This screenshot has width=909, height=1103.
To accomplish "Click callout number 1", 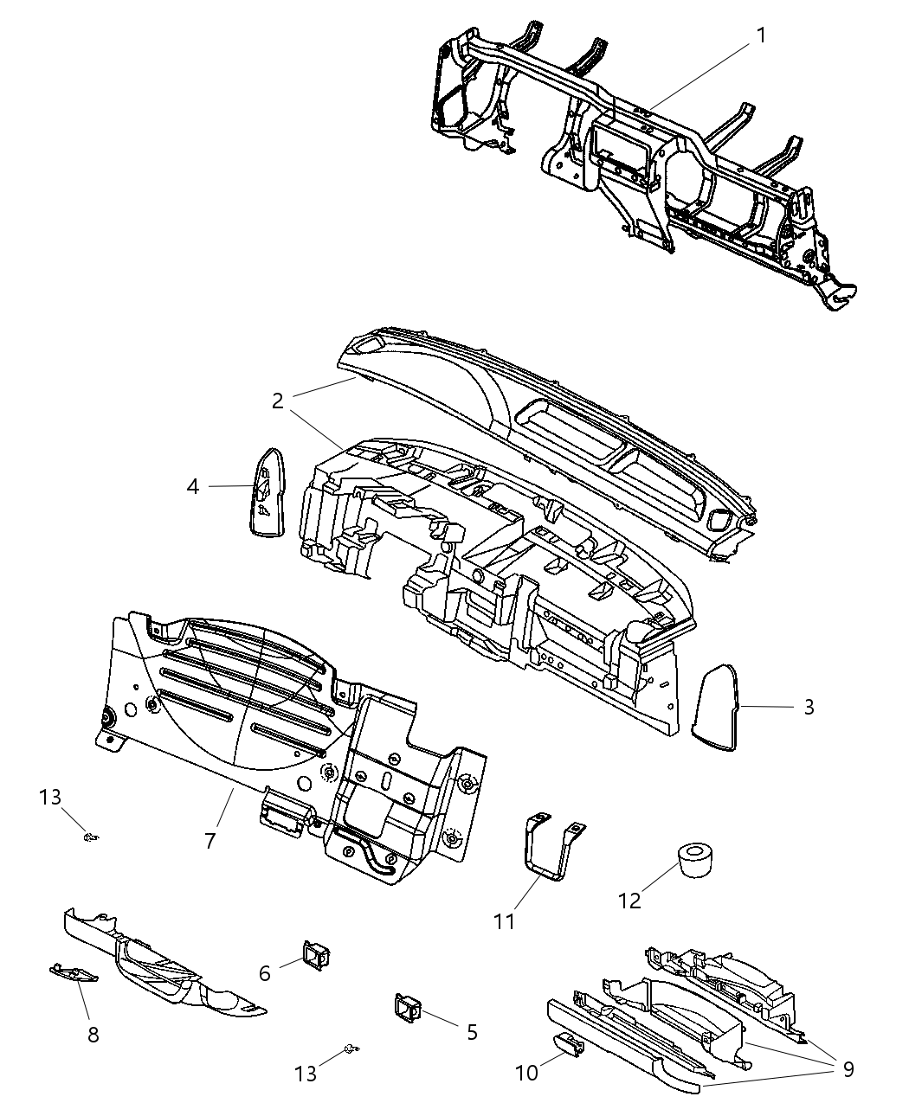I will [761, 35].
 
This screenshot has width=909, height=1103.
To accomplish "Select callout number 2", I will [277, 401].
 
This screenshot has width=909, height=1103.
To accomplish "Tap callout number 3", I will [809, 707].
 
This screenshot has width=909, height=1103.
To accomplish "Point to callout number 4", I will [192, 487].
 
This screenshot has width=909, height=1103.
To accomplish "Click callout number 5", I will [472, 1031].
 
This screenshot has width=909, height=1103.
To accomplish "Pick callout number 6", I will [265, 973].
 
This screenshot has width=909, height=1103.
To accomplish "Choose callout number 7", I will [210, 839].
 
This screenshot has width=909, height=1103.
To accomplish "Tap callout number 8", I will [93, 1034].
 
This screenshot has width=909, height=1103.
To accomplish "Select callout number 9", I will [848, 1068].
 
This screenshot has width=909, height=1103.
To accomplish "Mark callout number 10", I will [526, 1073].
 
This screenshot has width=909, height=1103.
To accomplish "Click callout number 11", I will [504, 921].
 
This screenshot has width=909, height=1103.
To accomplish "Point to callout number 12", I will [629, 901].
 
